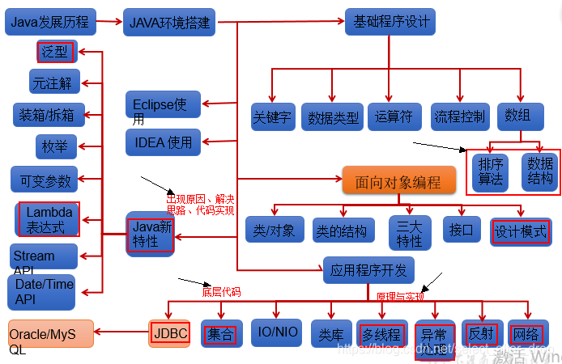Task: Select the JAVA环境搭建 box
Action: pos(170,22)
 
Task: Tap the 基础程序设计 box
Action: pos(389,21)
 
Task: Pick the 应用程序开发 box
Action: pos(368,269)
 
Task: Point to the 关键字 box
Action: pos(272,116)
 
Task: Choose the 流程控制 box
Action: pos(459,116)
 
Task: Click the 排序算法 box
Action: pos(491,170)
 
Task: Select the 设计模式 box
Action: pos(521,231)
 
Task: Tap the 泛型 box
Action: pos(56,53)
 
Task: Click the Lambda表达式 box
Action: pos(49,219)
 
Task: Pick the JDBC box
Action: pos(169,332)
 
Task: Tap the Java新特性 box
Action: pos(151,234)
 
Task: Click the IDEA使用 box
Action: pos(162,142)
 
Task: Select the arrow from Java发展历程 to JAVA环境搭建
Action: pos(109,22)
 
